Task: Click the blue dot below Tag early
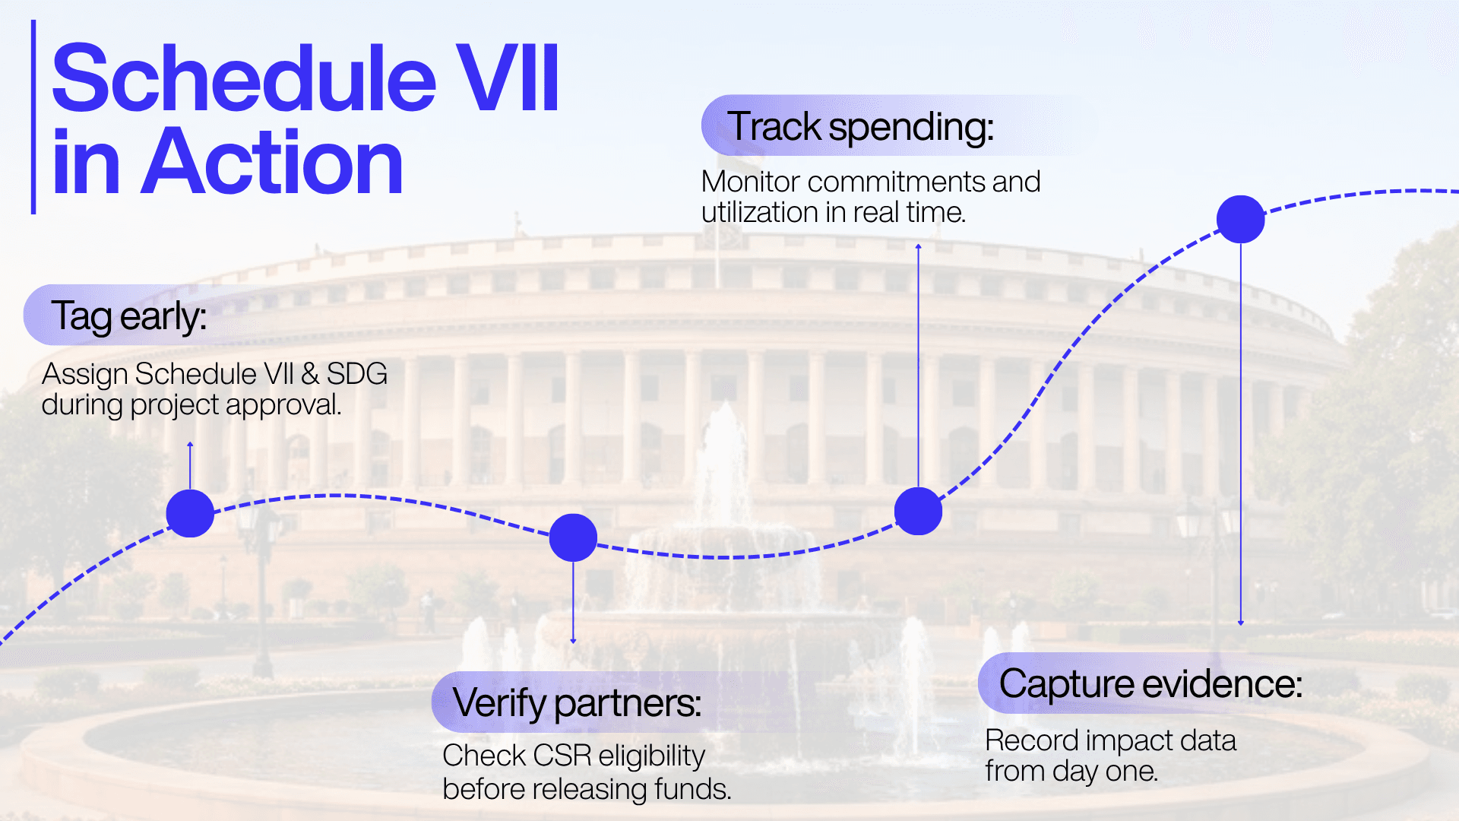(x=190, y=513)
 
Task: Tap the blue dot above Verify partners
(x=573, y=537)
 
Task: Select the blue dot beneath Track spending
(x=918, y=511)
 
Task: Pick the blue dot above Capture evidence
(x=1240, y=219)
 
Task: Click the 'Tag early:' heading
(x=129, y=316)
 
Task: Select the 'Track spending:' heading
(x=860, y=126)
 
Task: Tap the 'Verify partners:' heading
(x=577, y=703)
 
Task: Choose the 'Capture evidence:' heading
(x=1150, y=683)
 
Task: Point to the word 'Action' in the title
(x=272, y=161)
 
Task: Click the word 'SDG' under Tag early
(x=357, y=374)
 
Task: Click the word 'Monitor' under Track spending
(x=750, y=182)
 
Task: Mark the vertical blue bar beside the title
(x=33, y=117)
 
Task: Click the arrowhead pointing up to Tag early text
(x=190, y=444)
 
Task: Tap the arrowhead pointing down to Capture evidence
(x=1241, y=623)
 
